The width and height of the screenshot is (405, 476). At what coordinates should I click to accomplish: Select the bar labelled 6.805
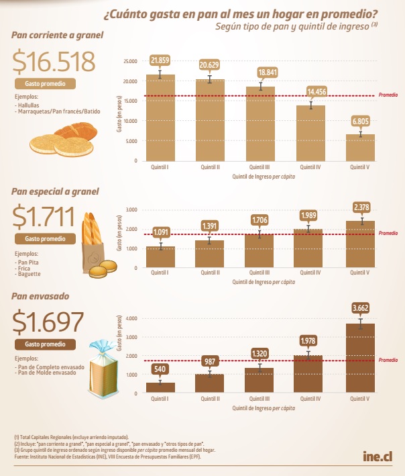[x=361, y=147]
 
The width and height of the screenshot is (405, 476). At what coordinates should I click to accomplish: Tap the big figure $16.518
[x=54, y=62]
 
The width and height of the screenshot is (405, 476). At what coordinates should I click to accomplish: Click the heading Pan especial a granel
[x=55, y=191]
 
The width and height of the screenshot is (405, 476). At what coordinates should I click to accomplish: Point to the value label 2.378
[x=361, y=207]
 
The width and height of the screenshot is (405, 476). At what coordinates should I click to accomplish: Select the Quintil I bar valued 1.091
[x=160, y=256]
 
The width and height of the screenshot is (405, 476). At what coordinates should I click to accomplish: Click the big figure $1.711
[x=46, y=217]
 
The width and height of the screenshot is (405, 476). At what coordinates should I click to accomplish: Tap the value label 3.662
[x=361, y=309]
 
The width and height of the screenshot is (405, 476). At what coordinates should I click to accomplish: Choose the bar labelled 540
[x=160, y=387]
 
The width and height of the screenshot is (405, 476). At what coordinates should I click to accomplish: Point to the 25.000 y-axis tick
[x=129, y=61]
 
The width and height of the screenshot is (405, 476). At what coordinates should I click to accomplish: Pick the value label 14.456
[x=310, y=91]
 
